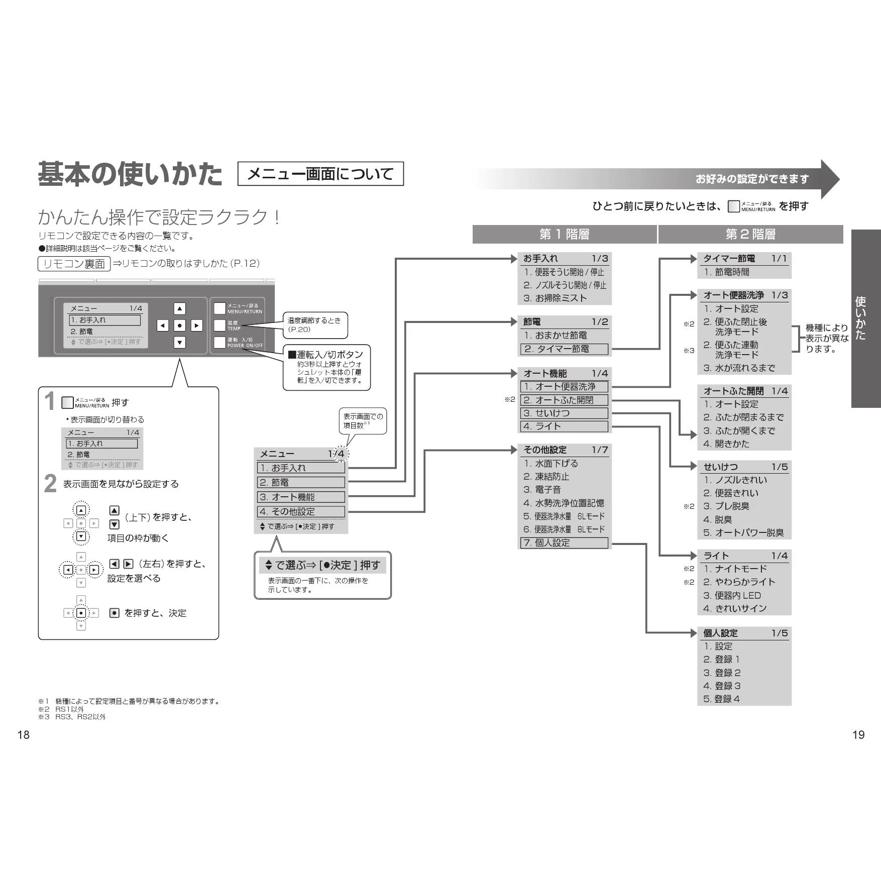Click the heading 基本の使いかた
click(x=130, y=174)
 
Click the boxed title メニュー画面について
click(x=320, y=174)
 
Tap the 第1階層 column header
click(x=565, y=234)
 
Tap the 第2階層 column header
click(x=750, y=234)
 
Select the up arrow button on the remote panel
click(x=179, y=308)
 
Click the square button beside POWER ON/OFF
click(x=219, y=343)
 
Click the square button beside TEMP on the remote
click(x=219, y=325)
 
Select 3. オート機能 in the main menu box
click(x=300, y=497)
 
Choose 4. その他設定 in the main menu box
click(x=300, y=511)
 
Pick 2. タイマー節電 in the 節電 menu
click(x=564, y=349)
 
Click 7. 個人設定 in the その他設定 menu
click(x=564, y=542)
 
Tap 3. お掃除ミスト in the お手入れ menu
click(x=555, y=298)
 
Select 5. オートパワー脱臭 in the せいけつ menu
click(x=743, y=532)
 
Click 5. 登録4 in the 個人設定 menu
click(x=721, y=699)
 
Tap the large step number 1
click(x=49, y=401)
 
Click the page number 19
click(x=858, y=735)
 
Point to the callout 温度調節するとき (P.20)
click(x=315, y=325)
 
